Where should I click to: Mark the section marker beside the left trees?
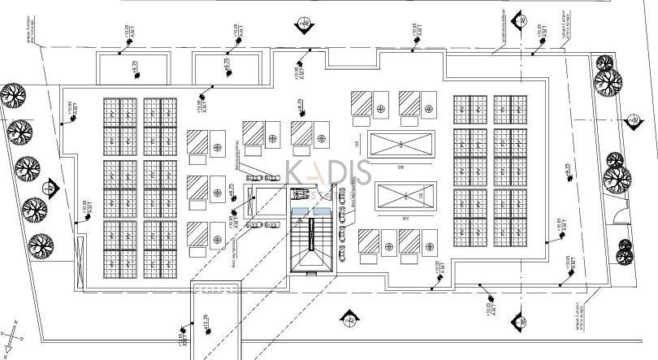(x=50, y=188)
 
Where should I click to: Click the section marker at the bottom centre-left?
(x=349, y=318)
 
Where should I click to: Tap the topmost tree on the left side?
(x=11, y=96)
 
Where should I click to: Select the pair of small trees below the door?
(x=623, y=251)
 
